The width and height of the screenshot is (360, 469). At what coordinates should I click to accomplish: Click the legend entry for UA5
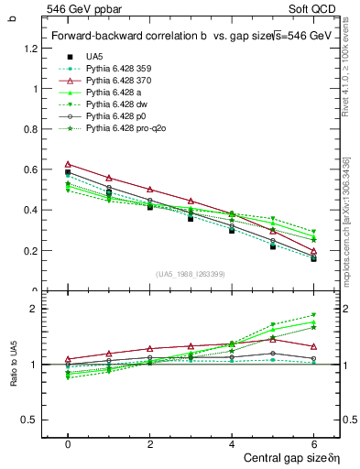pyautogui.click(x=94, y=57)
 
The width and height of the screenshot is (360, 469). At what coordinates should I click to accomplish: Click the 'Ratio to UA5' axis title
pyautogui.click(x=11, y=374)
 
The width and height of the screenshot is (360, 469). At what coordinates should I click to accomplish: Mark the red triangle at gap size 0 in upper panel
pyautogui.click(x=68, y=164)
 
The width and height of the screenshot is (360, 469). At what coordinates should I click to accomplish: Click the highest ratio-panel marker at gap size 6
pyautogui.click(x=313, y=315)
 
